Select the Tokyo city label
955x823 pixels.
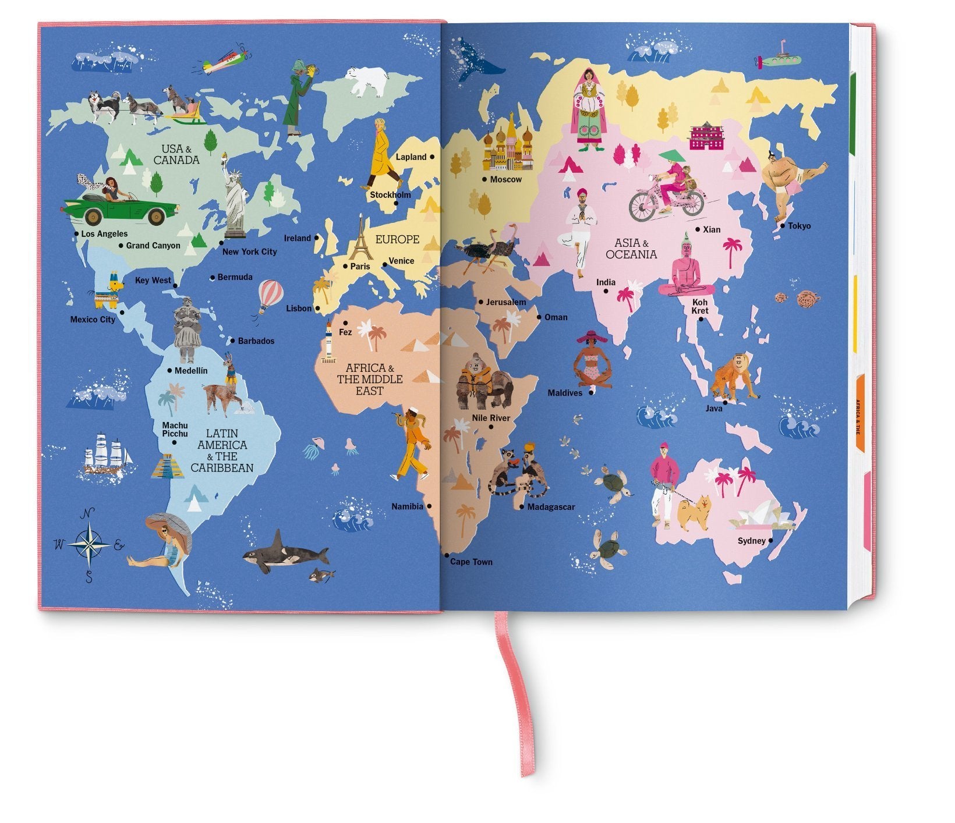(799, 226)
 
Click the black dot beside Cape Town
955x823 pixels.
(447, 556)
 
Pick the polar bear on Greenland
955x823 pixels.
(367, 80)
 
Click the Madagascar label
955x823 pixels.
(551, 507)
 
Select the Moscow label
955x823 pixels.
(505, 179)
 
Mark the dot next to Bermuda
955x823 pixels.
(213, 278)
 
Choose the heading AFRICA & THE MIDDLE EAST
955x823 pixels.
(370, 379)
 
